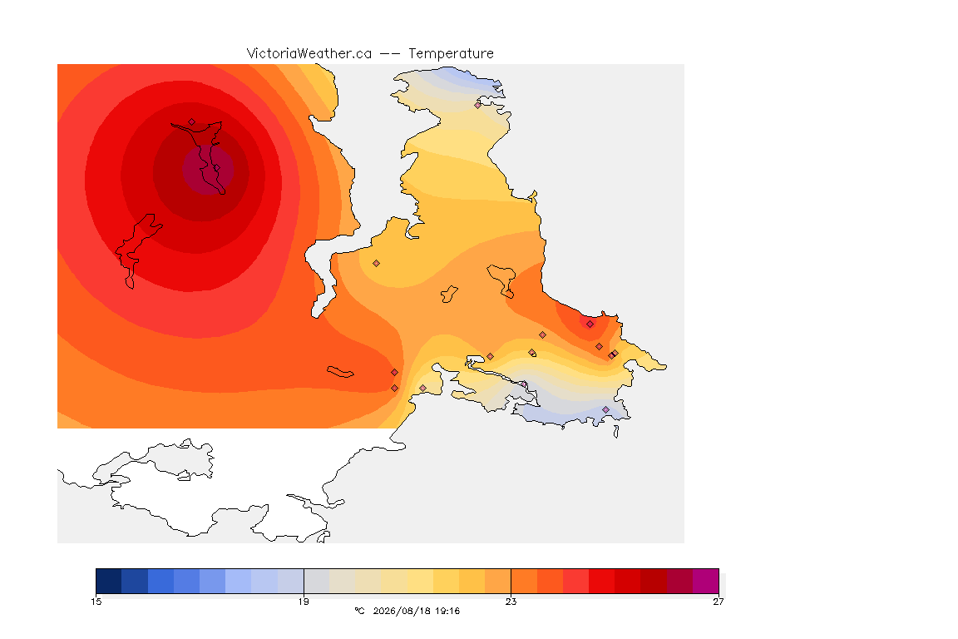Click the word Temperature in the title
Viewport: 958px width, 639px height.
point(451,54)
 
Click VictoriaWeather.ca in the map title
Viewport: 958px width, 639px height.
point(309,54)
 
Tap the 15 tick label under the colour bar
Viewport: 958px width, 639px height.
point(96,602)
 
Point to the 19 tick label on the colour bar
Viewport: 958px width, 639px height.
point(304,602)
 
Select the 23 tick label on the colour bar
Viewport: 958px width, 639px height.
point(511,602)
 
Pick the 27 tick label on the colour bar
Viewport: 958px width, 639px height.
point(718,602)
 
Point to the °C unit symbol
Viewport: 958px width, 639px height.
point(359,611)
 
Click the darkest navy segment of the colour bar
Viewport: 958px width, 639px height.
point(109,581)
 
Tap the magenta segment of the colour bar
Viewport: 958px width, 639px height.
point(706,581)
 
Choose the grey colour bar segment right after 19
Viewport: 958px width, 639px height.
point(317,581)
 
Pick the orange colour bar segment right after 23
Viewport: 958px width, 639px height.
point(524,581)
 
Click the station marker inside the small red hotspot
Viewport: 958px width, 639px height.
point(590,324)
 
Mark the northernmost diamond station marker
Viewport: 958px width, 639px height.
point(478,105)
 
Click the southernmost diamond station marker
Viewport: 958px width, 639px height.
point(605,409)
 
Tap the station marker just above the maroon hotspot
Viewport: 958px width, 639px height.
point(192,122)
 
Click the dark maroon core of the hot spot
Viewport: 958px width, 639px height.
point(209,170)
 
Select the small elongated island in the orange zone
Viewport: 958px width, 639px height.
point(340,372)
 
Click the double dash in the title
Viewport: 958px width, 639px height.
point(390,54)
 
